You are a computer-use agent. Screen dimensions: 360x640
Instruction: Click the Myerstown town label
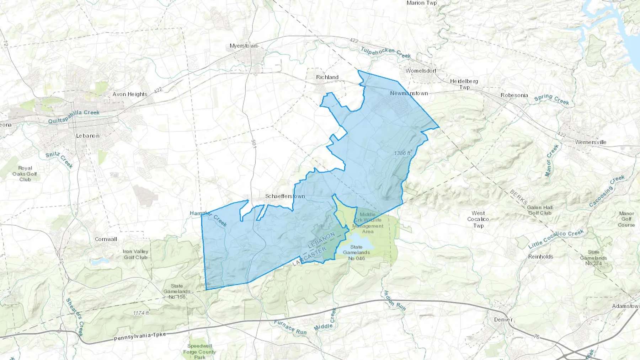pyautogui.click(x=243, y=46)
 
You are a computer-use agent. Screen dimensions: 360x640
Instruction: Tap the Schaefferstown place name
pyautogui.click(x=285, y=196)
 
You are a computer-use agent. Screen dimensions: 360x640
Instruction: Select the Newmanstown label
pyautogui.click(x=409, y=93)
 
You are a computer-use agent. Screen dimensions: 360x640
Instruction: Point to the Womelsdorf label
pyautogui.click(x=421, y=71)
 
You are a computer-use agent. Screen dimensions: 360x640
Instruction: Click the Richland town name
pyautogui.click(x=327, y=77)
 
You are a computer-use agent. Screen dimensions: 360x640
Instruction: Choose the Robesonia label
pyautogui.click(x=514, y=95)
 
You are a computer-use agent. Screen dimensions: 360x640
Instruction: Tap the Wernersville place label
pyautogui.click(x=591, y=142)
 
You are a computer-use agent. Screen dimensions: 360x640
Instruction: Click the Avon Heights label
pyautogui.click(x=130, y=94)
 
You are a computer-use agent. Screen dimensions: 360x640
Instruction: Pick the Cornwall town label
pyautogui.click(x=106, y=239)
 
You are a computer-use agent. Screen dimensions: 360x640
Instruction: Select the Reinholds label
pyautogui.click(x=540, y=257)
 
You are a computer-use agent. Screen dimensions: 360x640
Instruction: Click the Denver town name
pyautogui.click(x=503, y=319)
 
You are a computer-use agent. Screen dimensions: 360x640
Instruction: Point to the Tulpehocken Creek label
pyautogui.click(x=386, y=52)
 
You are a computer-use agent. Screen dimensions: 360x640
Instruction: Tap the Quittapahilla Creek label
pyautogui.click(x=74, y=116)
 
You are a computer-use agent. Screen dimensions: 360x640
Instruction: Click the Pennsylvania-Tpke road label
pyautogui.click(x=140, y=336)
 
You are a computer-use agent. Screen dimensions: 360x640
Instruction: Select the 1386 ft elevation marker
pyautogui.click(x=402, y=153)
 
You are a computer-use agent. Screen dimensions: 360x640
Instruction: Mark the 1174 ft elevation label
pyautogui.click(x=141, y=313)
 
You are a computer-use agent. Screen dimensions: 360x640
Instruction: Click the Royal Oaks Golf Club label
pyautogui.click(x=25, y=174)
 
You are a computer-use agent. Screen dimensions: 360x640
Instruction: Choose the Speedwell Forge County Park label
pyautogui.click(x=199, y=351)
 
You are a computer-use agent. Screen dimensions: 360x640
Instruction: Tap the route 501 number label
pyautogui.click(x=254, y=144)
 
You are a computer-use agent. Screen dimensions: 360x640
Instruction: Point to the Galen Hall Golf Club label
pyautogui.click(x=539, y=210)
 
